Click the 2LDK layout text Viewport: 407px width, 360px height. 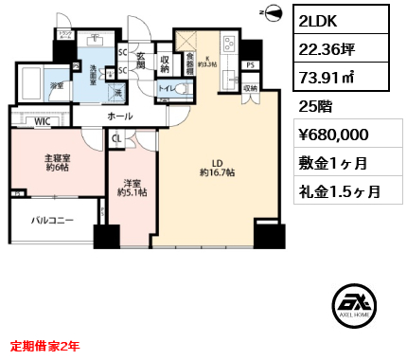[323, 20]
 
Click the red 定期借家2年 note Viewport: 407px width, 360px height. [45, 347]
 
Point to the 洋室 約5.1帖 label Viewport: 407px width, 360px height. [131, 188]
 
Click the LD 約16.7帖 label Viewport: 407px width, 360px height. [219, 167]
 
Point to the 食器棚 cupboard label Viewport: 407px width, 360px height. [190, 61]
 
